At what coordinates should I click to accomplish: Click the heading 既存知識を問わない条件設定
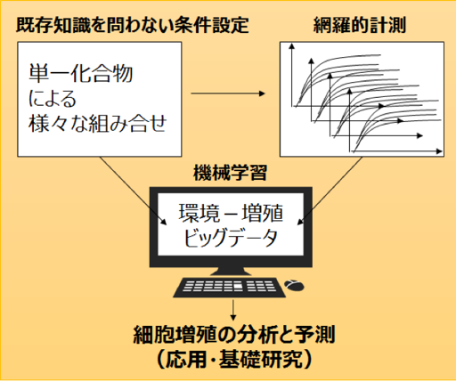point(133,25)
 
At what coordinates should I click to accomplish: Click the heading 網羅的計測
point(360,25)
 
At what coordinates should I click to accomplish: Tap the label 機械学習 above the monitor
point(230,173)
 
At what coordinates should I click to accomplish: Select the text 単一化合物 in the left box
point(80,74)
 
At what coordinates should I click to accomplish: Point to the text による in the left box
point(53,98)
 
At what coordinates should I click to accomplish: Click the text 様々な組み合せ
point(97,123)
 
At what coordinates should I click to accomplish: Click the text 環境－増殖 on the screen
point(231,213)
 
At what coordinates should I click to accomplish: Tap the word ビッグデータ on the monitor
point(231,238)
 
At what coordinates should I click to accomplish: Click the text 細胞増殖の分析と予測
point(234,335)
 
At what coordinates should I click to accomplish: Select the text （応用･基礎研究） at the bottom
point(234,359)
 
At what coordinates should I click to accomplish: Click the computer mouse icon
point(294,286)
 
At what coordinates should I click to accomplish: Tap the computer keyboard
point(229,288)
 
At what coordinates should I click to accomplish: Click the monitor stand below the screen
point(231,272)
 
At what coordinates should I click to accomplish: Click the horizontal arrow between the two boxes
point(228,93)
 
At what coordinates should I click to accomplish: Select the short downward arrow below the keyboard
point(233,310)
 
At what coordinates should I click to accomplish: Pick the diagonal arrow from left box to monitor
point(133,191)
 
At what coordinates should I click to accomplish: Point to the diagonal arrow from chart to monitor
point(330,191)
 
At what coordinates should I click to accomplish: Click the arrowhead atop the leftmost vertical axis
point(292,46)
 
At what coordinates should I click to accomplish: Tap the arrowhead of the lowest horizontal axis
point(439,151)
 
